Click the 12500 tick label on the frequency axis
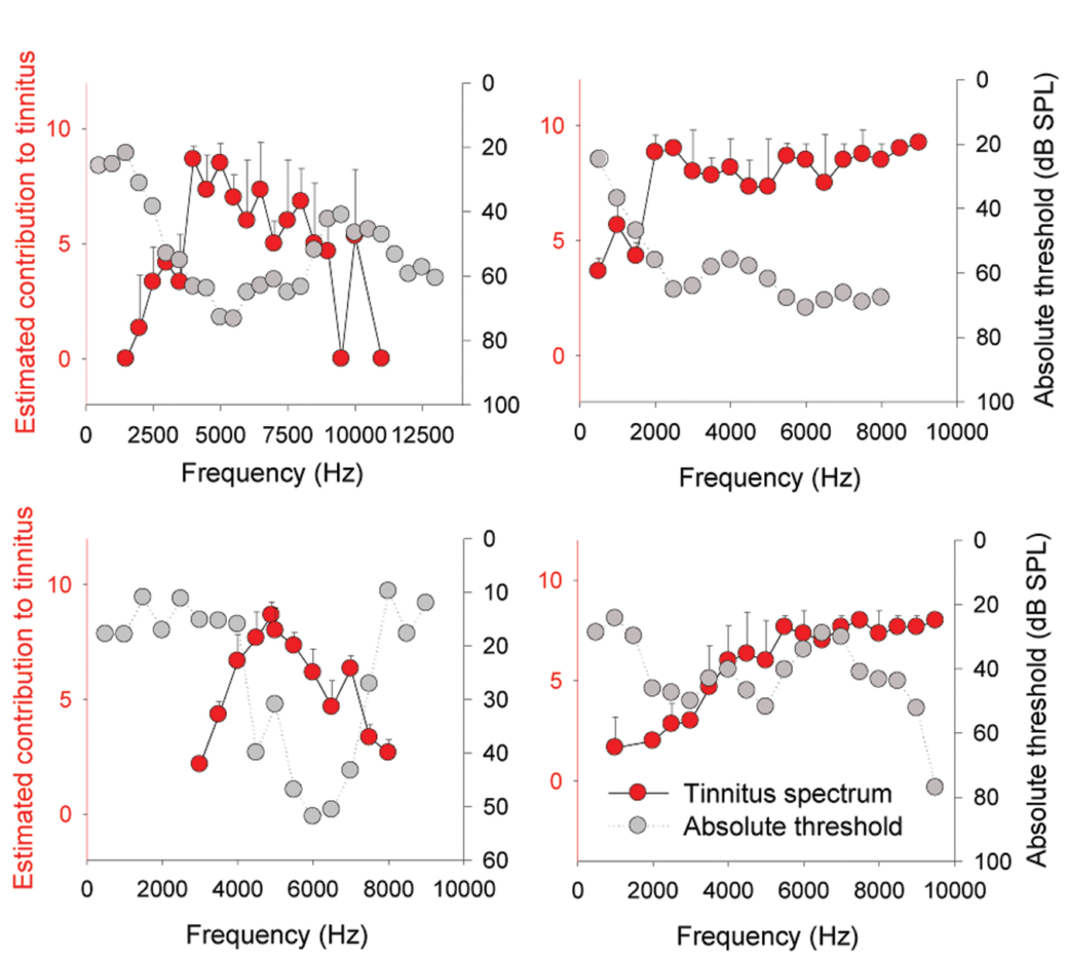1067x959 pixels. click(423, 435)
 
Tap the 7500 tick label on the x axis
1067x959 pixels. click(287, 435)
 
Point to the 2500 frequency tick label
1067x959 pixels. click(153, 435)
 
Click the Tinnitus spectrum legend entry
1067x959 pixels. click(787, 793)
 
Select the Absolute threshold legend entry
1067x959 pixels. click(792, 826)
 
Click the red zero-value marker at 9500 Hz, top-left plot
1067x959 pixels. click(341, 358)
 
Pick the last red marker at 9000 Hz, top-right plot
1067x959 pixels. click(918, 142)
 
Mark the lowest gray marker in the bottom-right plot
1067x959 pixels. click(935, 787)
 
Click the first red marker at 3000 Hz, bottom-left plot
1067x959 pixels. click(199, 764)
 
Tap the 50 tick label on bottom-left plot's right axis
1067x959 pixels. click(496, 807)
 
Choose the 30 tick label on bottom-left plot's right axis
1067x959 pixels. click(496, 699)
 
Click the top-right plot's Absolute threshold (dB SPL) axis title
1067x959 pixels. click(1045, 240)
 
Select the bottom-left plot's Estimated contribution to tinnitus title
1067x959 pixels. click(25, 698)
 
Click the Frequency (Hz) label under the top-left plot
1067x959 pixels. click(272, 473)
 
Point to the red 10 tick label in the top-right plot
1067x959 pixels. click(552, 125)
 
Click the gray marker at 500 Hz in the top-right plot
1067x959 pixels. click(599, 159)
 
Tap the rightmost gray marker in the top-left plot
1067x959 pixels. click(435, 277)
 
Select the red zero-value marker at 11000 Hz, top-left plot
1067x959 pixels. click(380, 358)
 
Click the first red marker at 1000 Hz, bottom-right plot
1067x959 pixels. click(615, 747)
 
